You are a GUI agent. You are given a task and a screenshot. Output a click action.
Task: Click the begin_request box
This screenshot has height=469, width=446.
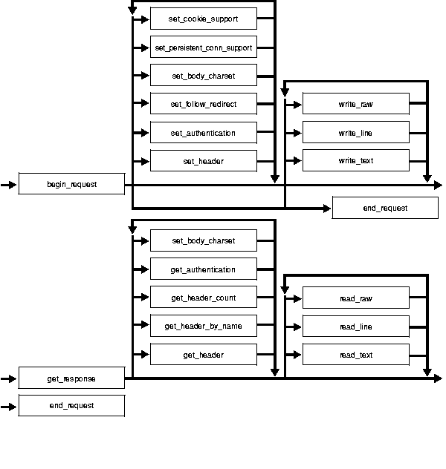tap(71, 184)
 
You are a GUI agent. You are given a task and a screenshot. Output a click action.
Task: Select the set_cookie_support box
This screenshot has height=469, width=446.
tap(204, 19)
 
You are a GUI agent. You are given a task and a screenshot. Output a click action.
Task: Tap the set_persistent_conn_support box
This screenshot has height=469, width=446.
tap(204, 47)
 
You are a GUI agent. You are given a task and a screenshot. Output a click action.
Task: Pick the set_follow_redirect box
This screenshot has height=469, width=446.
tap(204, 104)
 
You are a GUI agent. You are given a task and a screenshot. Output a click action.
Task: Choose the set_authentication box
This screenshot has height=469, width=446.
tap(204, 133)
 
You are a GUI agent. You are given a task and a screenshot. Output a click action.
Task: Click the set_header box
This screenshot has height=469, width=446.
tap(204, 160)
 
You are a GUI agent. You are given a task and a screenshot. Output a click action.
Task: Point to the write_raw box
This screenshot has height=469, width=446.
tap(356, 104)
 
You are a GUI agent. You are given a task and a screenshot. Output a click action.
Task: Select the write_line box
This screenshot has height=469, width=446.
tap(356, 133)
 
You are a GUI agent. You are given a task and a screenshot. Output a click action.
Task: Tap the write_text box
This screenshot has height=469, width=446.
tap(356, 160)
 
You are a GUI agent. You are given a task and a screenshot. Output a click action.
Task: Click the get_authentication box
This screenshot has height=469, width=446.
tap(204, 269)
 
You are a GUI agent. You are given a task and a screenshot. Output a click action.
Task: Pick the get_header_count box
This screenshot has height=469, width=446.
tap(204, 298)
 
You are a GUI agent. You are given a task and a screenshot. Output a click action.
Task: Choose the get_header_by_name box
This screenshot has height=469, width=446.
tap(204, 326)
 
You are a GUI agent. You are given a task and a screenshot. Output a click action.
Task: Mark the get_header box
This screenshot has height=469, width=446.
tap(204, 355)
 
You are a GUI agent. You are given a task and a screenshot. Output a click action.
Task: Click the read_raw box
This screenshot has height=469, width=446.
tap(356, 298)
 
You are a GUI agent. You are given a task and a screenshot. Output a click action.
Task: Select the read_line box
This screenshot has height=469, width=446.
tap(356, 327)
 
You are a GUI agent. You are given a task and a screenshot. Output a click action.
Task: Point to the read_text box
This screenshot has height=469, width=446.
tap(356, 355)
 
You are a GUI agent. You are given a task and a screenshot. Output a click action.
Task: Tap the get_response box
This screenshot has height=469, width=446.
tap(71, 378)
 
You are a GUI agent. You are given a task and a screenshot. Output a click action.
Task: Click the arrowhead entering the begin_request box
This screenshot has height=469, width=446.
tap(13, 184)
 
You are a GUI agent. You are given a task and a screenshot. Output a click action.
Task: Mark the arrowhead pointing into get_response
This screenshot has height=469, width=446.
tap(13, 378)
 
